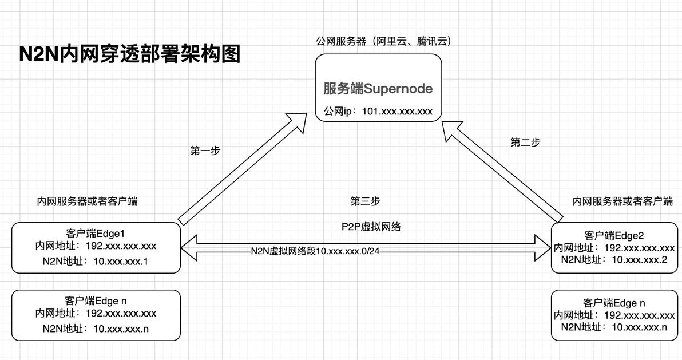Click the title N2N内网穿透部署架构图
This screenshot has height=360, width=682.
coord(130,54)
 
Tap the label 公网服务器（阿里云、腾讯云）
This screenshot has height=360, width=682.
coord(383,41)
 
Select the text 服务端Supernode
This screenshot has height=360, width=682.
coord(378,89)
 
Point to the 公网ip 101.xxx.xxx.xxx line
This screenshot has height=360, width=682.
coord(378,111)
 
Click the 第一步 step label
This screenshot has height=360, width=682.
coord(205,151)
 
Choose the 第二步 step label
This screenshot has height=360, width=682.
coord(525,143)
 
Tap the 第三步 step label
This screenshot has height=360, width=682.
coord(365,201)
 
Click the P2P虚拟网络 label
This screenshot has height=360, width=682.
coord(371,227)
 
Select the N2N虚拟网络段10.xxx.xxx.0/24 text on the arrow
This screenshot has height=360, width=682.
coord(315,251)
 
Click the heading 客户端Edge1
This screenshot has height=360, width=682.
coord(96,234)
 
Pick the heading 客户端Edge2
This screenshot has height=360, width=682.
coord(614,235)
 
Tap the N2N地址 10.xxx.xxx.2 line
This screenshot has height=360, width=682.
coord(614,260)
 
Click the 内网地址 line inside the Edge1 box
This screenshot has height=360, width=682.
coord(96,246)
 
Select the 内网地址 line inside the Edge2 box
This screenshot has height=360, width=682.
coord(614,248)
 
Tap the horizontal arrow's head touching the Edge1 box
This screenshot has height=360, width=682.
coord(189,248)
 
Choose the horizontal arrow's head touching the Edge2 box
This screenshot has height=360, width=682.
coord(543,248)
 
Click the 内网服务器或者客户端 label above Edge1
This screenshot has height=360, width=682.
coord(87,201)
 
